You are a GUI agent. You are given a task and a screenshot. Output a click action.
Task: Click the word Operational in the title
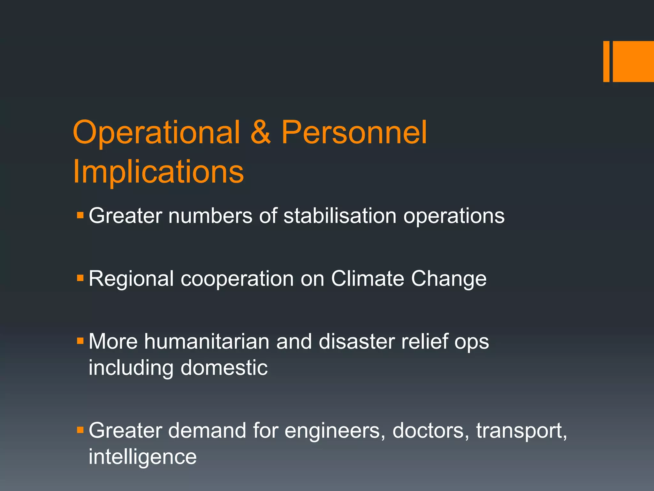point(156,132)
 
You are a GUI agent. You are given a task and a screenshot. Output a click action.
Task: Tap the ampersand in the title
point(261,132)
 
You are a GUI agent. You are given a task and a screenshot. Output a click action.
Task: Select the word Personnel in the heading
point(354,132)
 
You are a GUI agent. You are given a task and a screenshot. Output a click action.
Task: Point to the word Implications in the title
point(158,172)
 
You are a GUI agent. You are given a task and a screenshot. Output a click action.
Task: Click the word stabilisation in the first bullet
point(340,216)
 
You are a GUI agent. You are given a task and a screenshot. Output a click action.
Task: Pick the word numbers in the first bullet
point(210,216)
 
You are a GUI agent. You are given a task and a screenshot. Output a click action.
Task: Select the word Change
point(449,279)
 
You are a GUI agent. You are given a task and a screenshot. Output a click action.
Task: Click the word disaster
point(356,341)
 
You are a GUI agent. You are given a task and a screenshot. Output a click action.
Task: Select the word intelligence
point(142,457)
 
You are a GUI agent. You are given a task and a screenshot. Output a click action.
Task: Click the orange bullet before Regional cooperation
point(80,278)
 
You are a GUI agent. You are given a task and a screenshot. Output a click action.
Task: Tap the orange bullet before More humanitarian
point(80,341)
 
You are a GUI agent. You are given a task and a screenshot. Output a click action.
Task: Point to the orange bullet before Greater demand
point(80,430)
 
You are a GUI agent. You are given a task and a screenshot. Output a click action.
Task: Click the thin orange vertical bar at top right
point(606,61)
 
